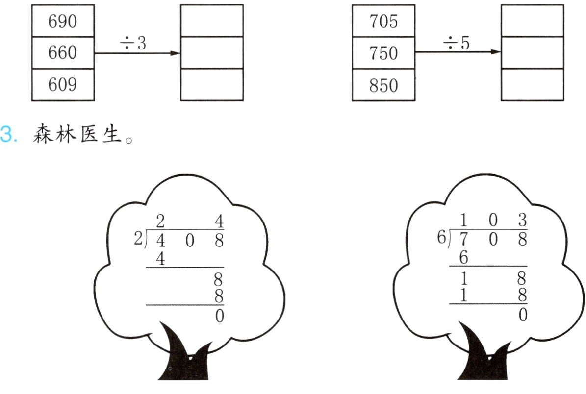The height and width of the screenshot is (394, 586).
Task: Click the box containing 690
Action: (x=63, y=21)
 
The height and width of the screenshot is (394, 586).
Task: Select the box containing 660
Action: (x=63, y=52)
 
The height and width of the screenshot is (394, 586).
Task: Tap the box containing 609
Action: (x=63, y=84)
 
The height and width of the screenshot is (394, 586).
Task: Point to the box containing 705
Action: (x=383, y=21)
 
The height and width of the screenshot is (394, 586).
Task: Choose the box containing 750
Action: (x=383, y=52)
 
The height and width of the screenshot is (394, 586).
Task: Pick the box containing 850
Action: (x=383, y=84)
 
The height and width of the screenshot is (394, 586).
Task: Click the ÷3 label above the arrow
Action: (x=133, y=44)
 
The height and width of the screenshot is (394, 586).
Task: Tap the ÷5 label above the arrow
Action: (x=456, y=44)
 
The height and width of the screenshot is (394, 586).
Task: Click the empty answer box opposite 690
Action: (x=211, y=21)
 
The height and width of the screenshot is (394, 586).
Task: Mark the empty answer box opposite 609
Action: (x=211, y=84)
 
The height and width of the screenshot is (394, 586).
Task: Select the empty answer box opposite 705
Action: (x=532, y=21)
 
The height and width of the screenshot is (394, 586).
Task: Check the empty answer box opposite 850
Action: (x=532, y=84)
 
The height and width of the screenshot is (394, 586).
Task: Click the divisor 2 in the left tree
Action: (x=137, y=239)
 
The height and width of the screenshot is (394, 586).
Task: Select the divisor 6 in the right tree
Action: (x=441, y=239)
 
